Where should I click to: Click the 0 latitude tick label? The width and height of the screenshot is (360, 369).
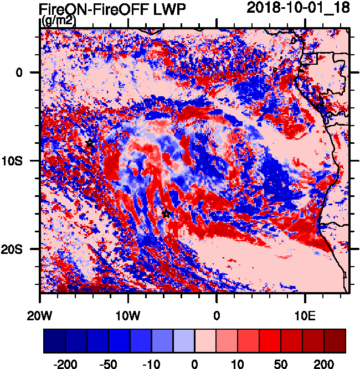pyautogui.click(x=20, y=72)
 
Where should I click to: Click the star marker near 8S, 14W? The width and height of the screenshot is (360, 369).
pyautogui.click(x=90, y=143)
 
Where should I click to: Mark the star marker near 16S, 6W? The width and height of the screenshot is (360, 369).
pyautogui.click(x=166, y=214)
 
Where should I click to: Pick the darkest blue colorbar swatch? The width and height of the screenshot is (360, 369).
pyautogui.click(x=54, y=341)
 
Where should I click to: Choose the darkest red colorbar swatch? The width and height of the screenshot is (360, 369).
pyautogui.click(x=335, y=341)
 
